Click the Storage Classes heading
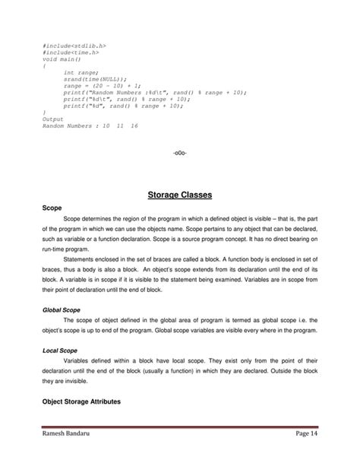point(179,195)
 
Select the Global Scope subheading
point(60,309)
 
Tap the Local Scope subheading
point(58,352)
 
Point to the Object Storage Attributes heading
point(83,401)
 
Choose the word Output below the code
point(53,119)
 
